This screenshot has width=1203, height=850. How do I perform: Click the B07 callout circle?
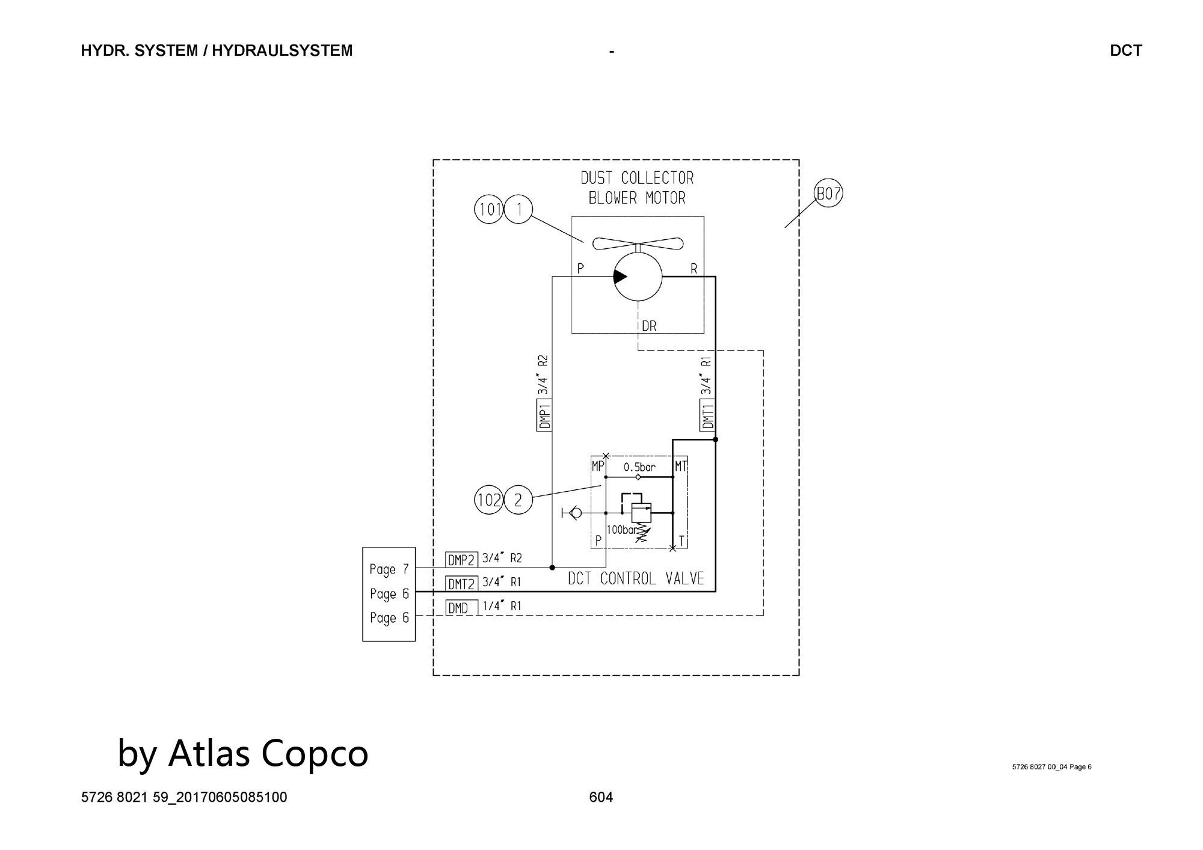click(x=828, y=194)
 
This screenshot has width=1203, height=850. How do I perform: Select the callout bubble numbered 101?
click(x=489, y=209)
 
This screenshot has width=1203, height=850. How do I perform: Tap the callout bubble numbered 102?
click(x=489, y=500)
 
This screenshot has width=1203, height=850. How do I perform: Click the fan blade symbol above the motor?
click(x=638, y=243)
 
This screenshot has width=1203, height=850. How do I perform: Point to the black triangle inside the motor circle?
click(x=620, y=277)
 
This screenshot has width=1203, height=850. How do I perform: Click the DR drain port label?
click(x=649, y=326)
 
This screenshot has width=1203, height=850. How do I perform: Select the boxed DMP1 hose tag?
click(x=544, y=414)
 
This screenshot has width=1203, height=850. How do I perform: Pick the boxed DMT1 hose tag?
click(x=708, y=414)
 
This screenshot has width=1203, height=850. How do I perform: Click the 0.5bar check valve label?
click(x=639, y=466)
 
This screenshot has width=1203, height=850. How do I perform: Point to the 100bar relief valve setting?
click(x=621, y=530)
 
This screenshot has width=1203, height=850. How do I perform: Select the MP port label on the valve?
click(x=598, y=466)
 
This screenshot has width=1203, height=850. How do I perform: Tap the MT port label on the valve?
click(x=680, y=466)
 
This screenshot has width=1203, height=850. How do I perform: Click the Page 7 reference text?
click(x=389, y=569)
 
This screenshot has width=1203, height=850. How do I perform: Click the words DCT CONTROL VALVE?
click(x=636, y=578)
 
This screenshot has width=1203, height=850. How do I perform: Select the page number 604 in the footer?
click(x=601, y=797)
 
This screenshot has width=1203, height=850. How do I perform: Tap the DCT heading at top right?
click(x=1126, y=50)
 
